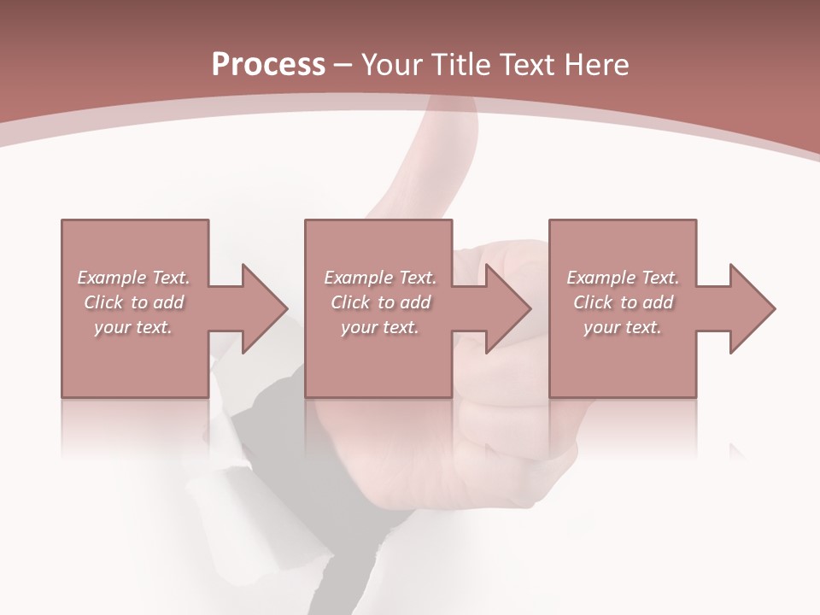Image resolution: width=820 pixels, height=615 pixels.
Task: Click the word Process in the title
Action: coord(268,64)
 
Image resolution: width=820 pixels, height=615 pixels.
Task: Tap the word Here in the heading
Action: coord(597,64)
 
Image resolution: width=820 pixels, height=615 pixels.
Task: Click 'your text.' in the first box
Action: coord(133,327)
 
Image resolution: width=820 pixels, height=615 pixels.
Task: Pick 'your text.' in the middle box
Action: coord(380,327)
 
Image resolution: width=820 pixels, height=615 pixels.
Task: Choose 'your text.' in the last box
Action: coord(623,327)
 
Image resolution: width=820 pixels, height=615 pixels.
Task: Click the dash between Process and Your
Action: coord(343,66)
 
